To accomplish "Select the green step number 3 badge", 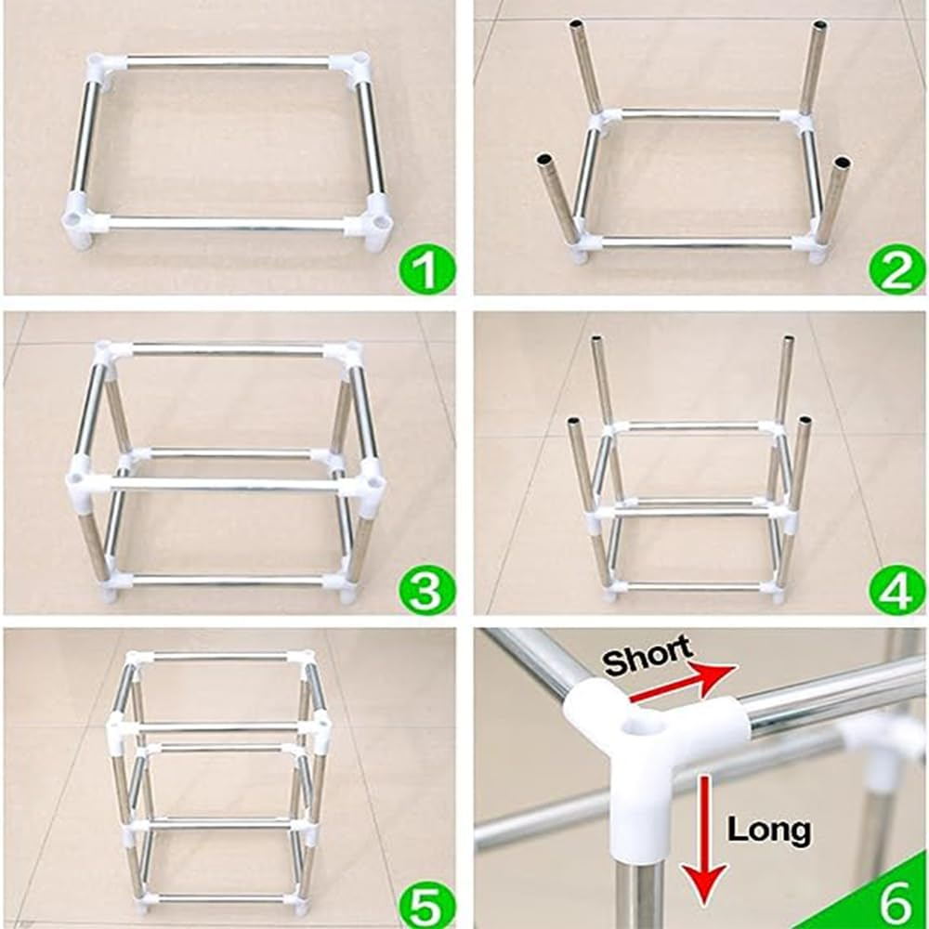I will [x=425, y=590].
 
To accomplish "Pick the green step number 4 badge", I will [x=896, y=590].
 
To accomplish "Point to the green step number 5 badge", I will [x=425, y=903].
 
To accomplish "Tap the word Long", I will [x=768, y=829].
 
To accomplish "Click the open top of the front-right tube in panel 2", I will [x=842, y=164].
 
